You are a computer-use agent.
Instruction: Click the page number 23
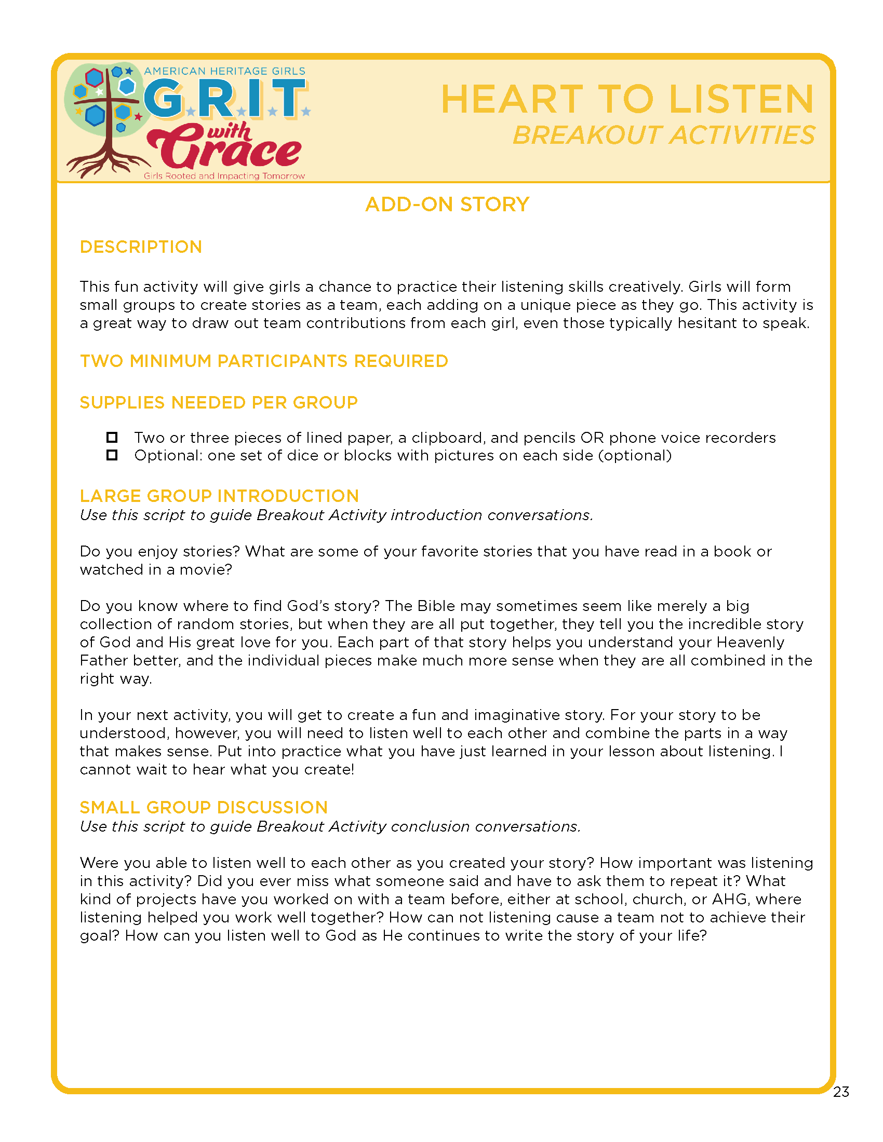pyautogui.click(x=840, y=1092)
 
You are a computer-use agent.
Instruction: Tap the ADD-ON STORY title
pyautogui.click(x=447, y=205)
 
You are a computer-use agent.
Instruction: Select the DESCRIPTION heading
pyautogui.click(x=141, y=247)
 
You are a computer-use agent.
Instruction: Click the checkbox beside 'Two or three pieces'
pyautogui.click(x=112, y=437)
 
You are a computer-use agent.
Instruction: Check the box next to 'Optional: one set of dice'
pyautogui.click(x=112, y=455)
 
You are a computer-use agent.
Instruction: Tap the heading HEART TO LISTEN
pyautogui.click(x=627, y=99)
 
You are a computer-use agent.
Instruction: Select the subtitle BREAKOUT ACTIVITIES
pyautogui.click(x=663, y=135)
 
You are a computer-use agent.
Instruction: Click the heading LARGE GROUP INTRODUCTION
pyautogui.click(x=219, y=496)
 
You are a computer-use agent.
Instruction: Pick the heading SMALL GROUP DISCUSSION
pyautogui.click(x=204, y=807)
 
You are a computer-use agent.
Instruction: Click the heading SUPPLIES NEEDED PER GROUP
pyautogui.click(x=219, y=403)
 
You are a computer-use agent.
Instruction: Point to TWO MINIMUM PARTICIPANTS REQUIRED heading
pyautogui.click(x=264, y=361)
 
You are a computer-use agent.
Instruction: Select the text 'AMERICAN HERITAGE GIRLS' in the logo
pyautogui.click(x=224, y=71)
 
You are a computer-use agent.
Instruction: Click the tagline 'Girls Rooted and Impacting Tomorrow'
pyautogui.click(x=224, y=176)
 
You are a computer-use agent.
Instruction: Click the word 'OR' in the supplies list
pyautogui.click(x=592, y=438)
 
